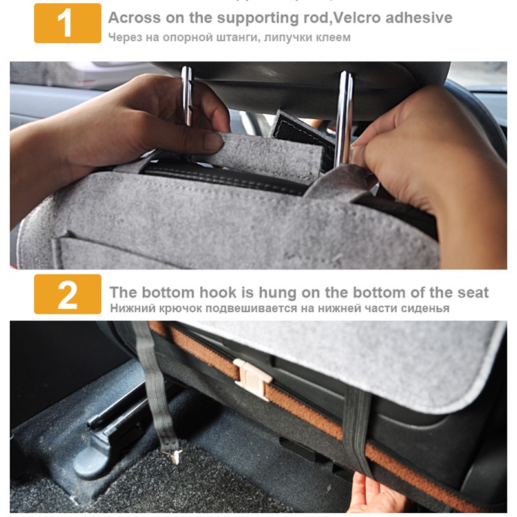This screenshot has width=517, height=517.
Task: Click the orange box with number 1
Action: tap(68, 23)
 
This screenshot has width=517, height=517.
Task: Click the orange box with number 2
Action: tap(68, 294)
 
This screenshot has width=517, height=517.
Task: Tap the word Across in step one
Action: tap(134, 17)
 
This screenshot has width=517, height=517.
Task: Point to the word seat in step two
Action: tap(473, 293)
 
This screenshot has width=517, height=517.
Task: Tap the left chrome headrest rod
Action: tap(186, 96)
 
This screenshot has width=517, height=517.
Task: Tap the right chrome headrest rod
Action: tap(344, 119)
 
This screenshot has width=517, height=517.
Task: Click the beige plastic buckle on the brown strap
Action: tap(252, 379)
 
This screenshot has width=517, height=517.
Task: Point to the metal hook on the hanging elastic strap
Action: tap(174, 456)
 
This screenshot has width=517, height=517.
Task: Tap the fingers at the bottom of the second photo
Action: tap(376, 493)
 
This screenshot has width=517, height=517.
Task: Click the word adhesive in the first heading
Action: tap(419, 17)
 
